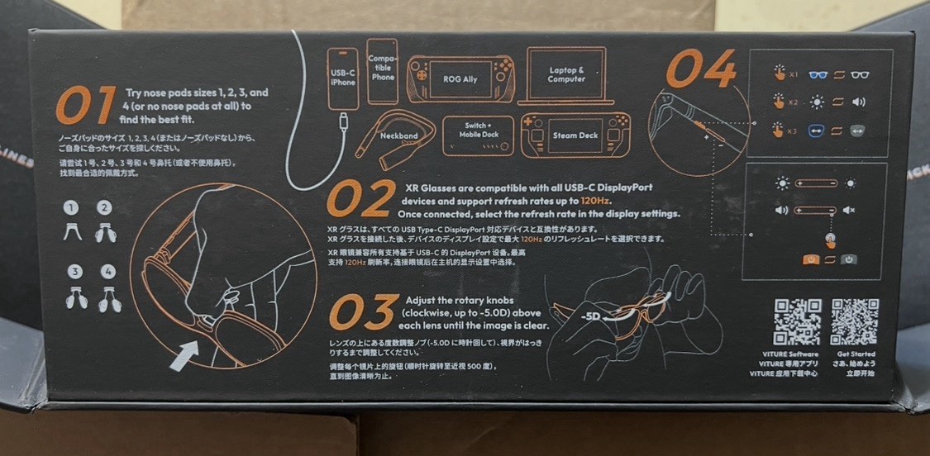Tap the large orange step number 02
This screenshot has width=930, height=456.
360,198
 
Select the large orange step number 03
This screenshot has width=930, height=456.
361,312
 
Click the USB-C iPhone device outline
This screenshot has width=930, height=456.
342,78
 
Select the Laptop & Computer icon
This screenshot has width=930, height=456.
566,75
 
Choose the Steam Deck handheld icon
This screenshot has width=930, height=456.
570,135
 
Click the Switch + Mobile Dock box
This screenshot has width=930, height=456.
478,135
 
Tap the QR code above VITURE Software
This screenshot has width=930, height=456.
797,322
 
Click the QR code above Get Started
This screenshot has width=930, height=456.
854,322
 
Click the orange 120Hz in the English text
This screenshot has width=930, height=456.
596,201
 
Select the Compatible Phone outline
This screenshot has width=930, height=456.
383,72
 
